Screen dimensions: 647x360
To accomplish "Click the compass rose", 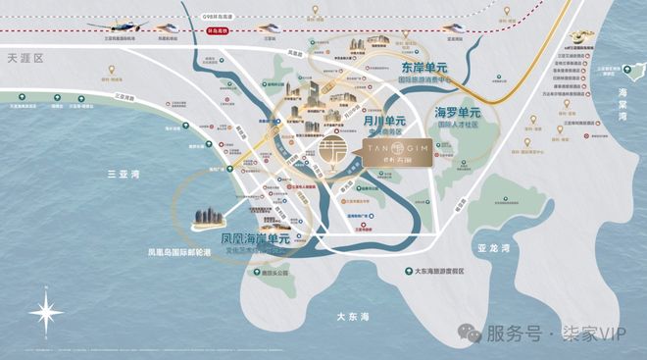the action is (x=46, y=313).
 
